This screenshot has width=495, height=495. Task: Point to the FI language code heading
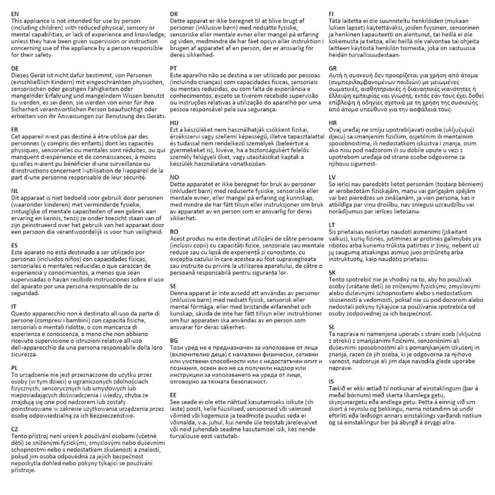click(332, 13)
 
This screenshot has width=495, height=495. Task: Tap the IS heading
click(331, 380)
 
